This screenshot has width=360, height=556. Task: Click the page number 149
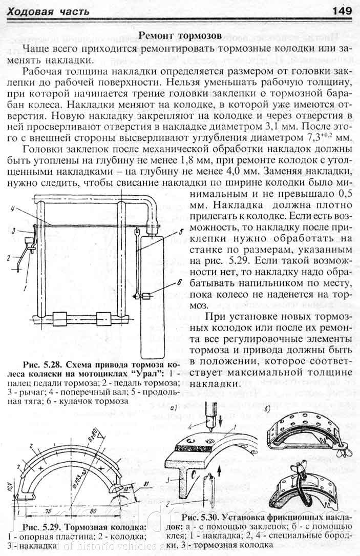(341, 11)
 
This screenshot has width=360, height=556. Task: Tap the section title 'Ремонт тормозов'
(180, 36)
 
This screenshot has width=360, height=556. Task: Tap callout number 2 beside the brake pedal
(9, 258)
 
